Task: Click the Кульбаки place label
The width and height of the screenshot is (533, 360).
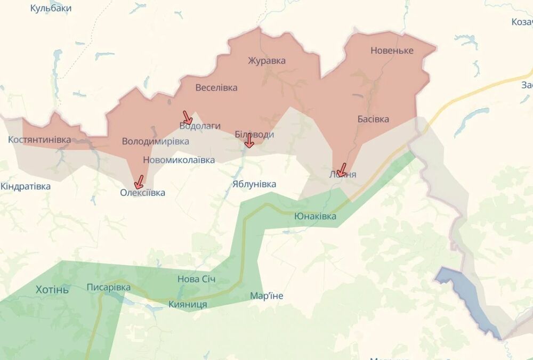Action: tap(51, 9)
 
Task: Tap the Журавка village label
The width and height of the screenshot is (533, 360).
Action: tap(266, 61)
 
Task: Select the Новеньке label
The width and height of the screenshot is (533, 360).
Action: tap(392, 51)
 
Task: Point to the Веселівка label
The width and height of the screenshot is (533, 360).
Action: tap(216, 88)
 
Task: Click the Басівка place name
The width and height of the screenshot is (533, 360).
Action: tap(373, 119)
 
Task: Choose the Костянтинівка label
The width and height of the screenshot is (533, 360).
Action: tap(39, 140)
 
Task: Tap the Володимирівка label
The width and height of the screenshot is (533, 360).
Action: tap(155, 142)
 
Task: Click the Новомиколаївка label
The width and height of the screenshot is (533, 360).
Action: tap(179, 160)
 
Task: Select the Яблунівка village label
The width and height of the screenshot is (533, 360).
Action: tap(254, 184)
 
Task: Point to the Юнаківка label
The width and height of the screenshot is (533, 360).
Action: tap(315, 216)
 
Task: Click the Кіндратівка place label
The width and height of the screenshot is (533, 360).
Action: tap(26, 186)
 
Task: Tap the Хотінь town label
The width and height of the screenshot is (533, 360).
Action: tap(52, 290)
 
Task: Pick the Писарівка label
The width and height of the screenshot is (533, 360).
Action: tap(108, 288)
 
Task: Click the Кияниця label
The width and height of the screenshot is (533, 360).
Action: tap(188, 304)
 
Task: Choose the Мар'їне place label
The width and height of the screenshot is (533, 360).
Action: tap(266, 296)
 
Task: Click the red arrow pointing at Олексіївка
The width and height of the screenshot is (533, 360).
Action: tap(139, 182)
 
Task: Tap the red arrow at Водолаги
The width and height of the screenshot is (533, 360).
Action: tap(187, 118)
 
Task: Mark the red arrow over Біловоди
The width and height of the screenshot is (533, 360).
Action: tap(249, 141)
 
